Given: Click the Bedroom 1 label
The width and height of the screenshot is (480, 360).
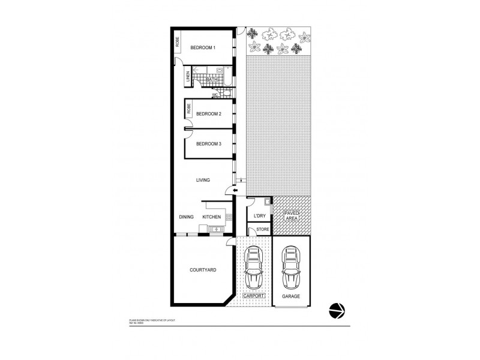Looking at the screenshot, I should [x=203, y=47].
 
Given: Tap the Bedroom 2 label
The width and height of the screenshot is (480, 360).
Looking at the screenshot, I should [x=209, y=113].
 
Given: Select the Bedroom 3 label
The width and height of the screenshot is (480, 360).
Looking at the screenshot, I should [x=209, y=143].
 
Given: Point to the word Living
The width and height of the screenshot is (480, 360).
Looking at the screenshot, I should [x=204, y=179].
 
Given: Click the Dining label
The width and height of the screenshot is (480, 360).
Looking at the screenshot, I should [x=186, y=217].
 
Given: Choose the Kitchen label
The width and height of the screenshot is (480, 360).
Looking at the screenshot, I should [x=211, y=217].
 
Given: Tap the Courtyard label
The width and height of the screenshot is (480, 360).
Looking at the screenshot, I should [x=203, y=270].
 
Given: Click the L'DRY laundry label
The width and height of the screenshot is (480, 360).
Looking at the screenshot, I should [x=260, y=216].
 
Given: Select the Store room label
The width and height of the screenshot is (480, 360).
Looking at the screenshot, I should [x=262, y=229].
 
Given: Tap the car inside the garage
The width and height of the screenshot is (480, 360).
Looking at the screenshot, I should [x=292, y=269].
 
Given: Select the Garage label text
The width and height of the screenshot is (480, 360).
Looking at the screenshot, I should [x=291, y=296].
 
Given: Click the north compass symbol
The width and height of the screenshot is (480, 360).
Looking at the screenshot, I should [x=337, y=310].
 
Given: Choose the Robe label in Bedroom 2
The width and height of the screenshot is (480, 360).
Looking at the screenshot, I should [x=189, y=109].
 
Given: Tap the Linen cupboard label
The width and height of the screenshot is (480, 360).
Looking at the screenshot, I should [x=188, y=76].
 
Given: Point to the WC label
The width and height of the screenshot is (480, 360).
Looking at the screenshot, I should [x=214, y=95].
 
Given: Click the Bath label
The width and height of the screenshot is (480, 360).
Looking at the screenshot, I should [x=212, y=79].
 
